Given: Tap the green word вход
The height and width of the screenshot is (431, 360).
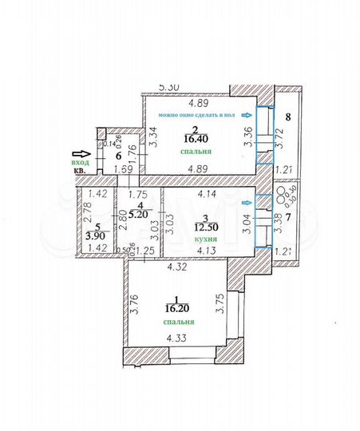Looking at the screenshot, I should [81, 163].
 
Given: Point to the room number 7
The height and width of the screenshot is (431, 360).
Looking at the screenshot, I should [289, 216].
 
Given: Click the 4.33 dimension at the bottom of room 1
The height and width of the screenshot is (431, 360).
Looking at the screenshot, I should [177, 338].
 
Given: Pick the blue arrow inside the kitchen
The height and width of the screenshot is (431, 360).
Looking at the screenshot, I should [247, 204].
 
